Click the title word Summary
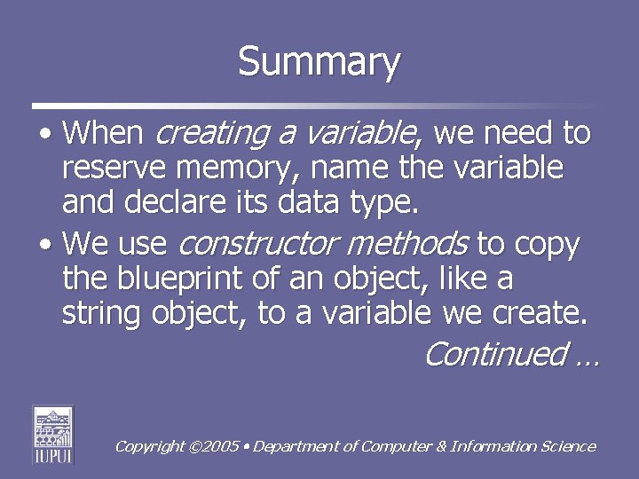pos(319,63)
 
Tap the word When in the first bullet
pos(103,134)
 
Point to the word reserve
pos(113,167)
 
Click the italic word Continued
pos(493,354)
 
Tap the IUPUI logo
pos(52,434)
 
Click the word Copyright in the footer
pos(149,447)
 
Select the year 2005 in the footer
pos(221,447)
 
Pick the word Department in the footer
pos(296,447)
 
